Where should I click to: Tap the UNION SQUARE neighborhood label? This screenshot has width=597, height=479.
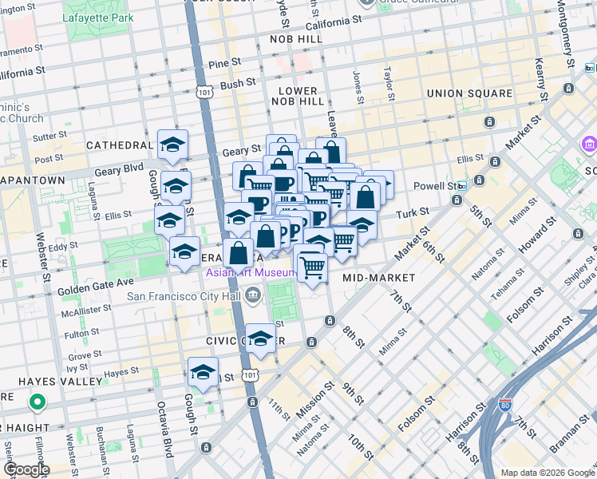click(469, 93)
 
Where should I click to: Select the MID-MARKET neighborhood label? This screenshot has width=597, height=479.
click(378, 278)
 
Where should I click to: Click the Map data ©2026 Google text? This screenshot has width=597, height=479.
click(548, 473)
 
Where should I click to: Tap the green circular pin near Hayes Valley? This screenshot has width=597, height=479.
click(36, 402)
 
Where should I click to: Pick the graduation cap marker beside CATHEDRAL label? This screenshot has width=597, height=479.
click(172, 144)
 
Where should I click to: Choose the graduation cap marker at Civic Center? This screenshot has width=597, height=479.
click(260, 339)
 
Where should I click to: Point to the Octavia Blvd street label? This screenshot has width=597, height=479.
click(167, 432)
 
